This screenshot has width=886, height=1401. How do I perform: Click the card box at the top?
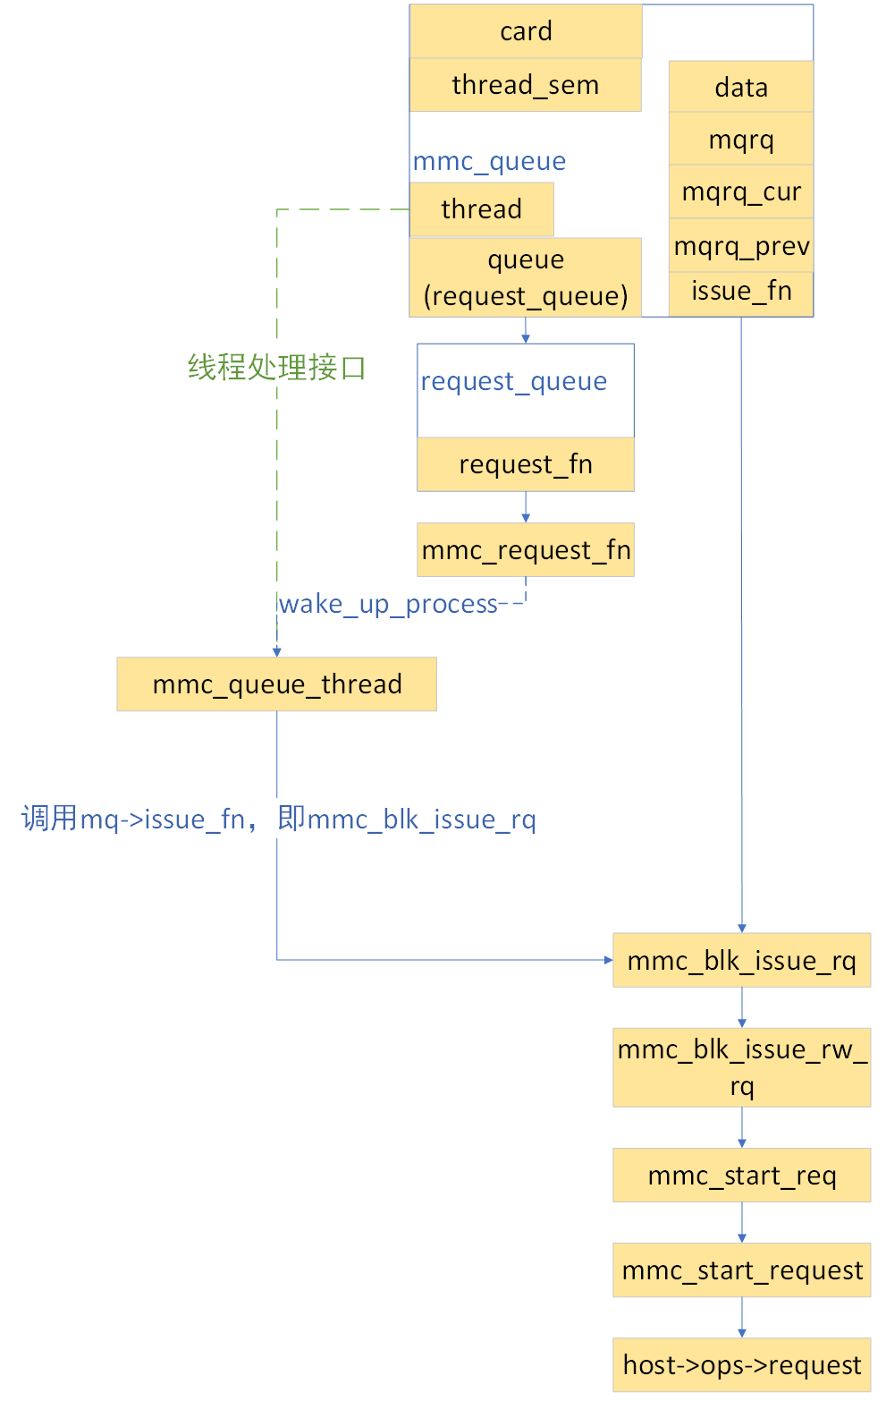pyautogui.click(x=526, y=31)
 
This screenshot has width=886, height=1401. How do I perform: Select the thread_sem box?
pyautogui.click(x=526, y=85)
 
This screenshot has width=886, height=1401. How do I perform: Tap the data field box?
pyautogui.click(x=741, y=87)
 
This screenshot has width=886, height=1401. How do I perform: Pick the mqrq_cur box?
pyautogui.click(x=741, y=191)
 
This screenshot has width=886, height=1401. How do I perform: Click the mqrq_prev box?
pyautogui.click(x=741, y=245)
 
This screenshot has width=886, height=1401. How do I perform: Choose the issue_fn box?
pyautogui.click(x=741, y=292)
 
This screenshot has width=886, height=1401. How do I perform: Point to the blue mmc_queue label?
pyautogui.click(x=489, y=161)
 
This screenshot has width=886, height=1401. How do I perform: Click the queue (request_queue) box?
pyautogui.click(x=526, y=277)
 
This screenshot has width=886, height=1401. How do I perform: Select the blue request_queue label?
pyautogui.click(x=514, y=381)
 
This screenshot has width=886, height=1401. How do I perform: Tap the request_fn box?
pyautogui.click(x=526, y=464)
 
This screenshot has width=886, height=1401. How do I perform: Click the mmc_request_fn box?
pyautogui.click(x=526, y=549)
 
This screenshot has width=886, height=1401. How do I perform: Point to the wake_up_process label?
pyautogui.click(x=388, y=604)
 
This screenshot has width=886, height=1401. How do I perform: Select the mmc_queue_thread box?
pyautogui.click(x=277, y=684)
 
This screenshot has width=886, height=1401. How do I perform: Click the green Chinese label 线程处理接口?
pyautogui.click(x=277, y=367)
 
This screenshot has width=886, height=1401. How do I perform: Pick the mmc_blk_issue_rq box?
pyautogui.click(x=741, y=960)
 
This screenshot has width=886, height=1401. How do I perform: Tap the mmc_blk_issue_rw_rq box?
pyautogui.click(x=741, y=1067)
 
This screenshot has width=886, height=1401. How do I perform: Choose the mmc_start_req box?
pyautogui.click(x=741, y=1175)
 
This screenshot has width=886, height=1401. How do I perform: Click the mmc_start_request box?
pyautogui.click(x=741, y=1269)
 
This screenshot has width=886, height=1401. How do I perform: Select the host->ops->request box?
pyautogui.click(x=741, y=1364)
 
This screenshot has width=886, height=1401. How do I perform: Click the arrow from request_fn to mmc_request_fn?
pyautogui.click(x=526, y=507)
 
